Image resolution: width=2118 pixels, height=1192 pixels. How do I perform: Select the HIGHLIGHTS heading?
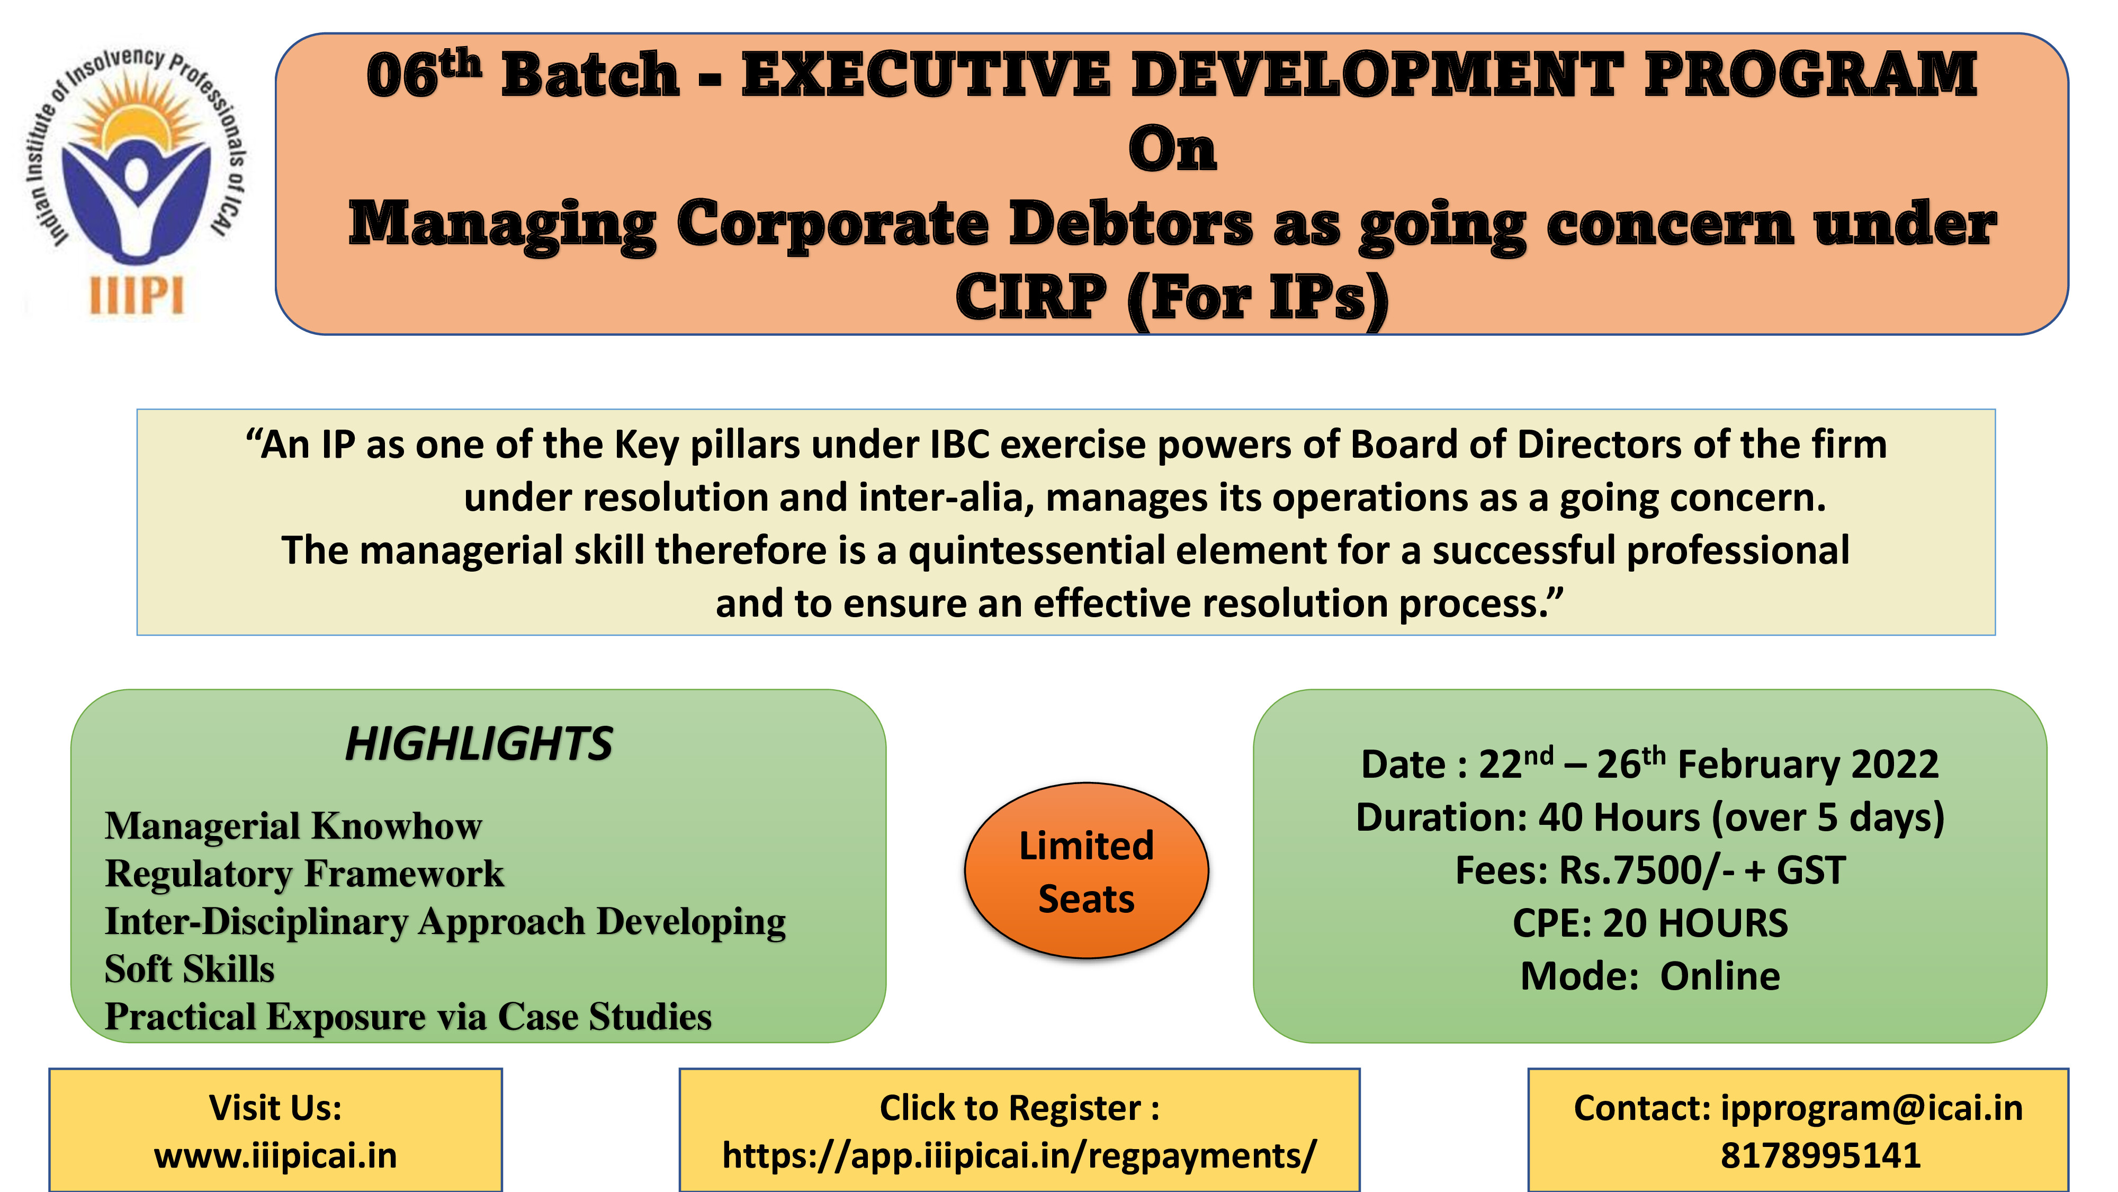pos(479,744)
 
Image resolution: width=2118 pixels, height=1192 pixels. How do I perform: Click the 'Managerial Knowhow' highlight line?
pos(293,826)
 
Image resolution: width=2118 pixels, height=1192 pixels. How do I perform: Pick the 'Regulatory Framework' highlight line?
pos(304,874)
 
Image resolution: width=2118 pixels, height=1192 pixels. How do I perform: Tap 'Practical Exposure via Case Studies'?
pos(408,1017)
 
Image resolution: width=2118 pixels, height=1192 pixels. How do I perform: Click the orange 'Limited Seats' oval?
pos(1086,870)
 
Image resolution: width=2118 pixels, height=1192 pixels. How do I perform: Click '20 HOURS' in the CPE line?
pos(1695,923)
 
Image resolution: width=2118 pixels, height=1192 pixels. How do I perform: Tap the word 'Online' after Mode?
pos(1720,976)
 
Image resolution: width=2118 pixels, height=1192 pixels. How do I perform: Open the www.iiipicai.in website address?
pos(275,1156)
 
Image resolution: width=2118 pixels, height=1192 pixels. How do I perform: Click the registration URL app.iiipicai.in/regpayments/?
pos(1019,1156)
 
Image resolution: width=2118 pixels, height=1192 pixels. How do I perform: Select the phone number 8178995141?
pos(1820,1156)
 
